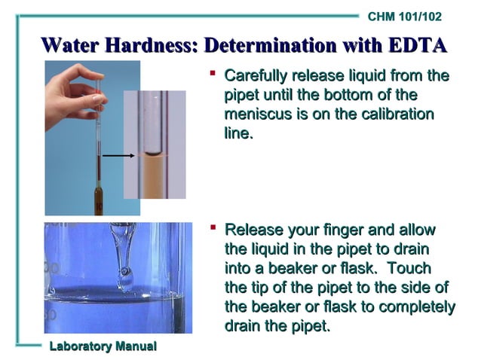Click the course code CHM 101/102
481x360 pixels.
click(x=405, y=17)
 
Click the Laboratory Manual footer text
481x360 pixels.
click(x=103, y=346)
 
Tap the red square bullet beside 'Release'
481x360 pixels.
click(x=213, y=227)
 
